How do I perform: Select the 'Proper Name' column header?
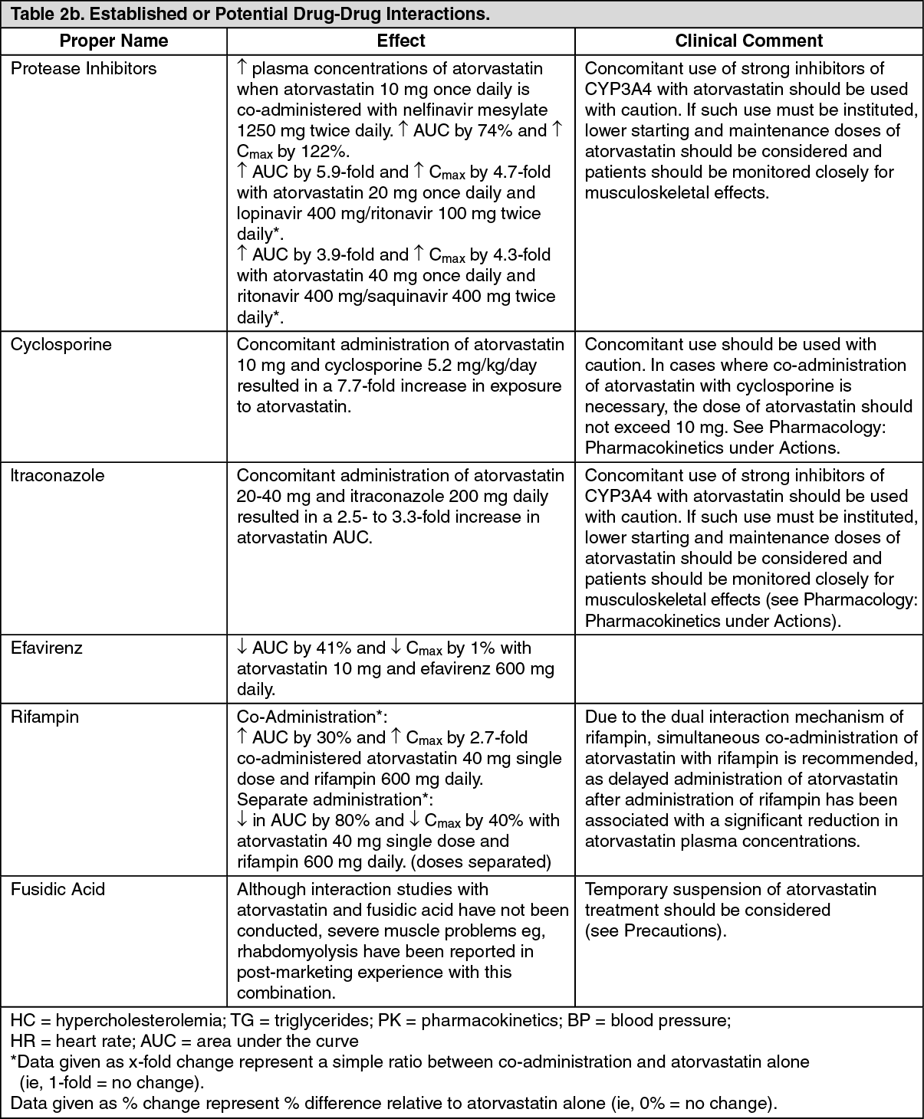113,41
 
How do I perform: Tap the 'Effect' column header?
401,41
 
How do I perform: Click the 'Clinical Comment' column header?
748,41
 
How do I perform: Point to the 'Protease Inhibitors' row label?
84,68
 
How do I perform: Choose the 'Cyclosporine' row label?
61,344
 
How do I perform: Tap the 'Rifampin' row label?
44,717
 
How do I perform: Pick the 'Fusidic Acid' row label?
58,889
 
